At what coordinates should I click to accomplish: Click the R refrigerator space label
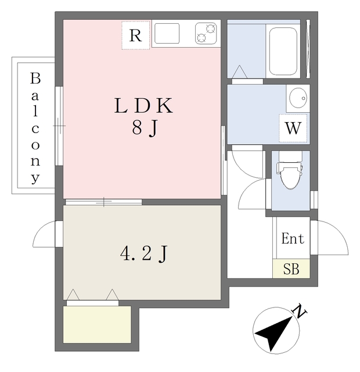point(135,36)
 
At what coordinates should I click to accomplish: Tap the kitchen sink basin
point(167,34)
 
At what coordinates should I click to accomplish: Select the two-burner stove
point(206,34)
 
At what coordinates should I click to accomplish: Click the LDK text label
point(143,106)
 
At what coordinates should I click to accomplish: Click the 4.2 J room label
point(144,254)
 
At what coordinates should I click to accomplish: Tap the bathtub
point(283,51)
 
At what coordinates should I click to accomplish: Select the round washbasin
point(298,98)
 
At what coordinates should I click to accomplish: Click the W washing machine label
point(293,128)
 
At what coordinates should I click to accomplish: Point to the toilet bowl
point(290,174)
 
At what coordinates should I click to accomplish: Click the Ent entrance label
point(293,238)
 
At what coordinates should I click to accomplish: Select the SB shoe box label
point(291,269)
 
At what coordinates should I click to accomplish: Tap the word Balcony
point(35,128)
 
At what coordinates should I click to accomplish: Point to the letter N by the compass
point(299,311)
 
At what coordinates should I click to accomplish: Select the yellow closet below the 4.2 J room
point(97,324)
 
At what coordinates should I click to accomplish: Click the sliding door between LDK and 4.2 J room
point(103,202)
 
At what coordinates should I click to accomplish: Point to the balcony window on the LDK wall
point(59,126)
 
